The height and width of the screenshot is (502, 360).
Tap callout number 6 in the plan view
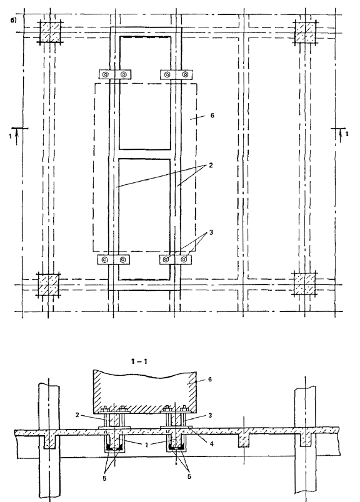212,115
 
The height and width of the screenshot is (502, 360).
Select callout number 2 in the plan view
211,165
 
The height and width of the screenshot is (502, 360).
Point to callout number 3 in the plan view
211,232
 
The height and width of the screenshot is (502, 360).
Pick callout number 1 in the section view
146,445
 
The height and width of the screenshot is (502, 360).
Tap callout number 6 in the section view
210,379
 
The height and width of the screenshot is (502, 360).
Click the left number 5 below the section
104,479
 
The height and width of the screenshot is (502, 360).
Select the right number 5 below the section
189,476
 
